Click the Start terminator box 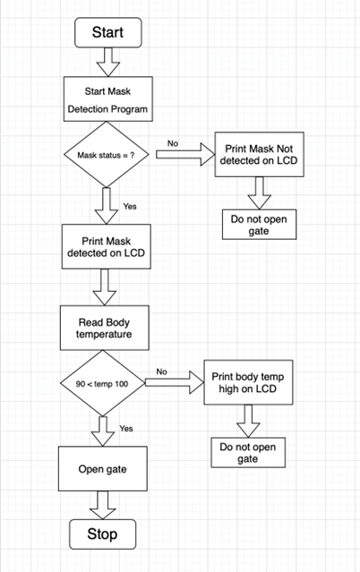click(108, 32)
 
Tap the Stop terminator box click(103, 534)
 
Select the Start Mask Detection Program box click(108, 98)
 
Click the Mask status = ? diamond click(107, 155)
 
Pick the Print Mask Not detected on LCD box click(259, 155)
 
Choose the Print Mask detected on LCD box click(107, 246)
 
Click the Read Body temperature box click(105, 328)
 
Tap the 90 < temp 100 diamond click(103, 383)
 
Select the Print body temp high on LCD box click(248, 382)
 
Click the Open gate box click(103, 469)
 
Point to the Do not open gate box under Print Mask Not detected click(259, 225)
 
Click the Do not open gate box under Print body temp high click(248, 452)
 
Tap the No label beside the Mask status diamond click(173, 143)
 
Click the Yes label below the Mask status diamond click(130, 207)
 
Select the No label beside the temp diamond click(162, 371)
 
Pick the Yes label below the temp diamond click(126, 429)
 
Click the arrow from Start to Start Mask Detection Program click(108, 62)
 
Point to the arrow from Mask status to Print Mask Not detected click(185, 155)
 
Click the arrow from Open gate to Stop click(103, 505)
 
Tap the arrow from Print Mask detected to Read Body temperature click(105, 287)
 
